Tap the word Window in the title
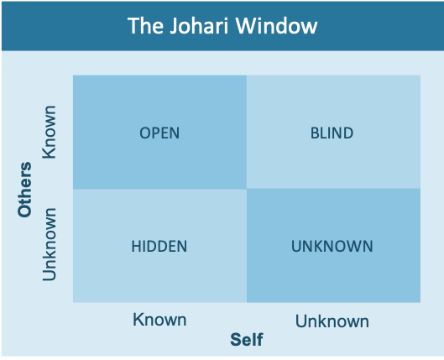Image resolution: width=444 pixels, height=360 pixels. [x=276, y=26]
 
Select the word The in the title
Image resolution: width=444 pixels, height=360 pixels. [x=145, y=26]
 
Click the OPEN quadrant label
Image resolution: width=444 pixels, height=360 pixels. [x=159, y=133]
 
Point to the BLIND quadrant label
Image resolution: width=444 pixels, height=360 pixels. [x=332, y=133]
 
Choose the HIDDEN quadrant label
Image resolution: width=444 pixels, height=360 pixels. [x=159, y=246]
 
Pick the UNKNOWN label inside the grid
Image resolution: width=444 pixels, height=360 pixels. [x=332, y=246]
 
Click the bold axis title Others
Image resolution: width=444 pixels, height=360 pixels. [x=24, y=190]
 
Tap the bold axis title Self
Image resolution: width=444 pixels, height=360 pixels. [x=247, y=339]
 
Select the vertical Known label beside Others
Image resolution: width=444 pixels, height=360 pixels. [x=50, y=132]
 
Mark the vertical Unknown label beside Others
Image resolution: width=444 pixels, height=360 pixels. [x=50, y=244]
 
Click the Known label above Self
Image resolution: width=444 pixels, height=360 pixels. [x=159, y=320]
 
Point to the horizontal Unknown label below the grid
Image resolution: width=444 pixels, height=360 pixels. [x=332, y=321]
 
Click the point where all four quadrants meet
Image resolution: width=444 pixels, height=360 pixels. [x=247, y=189]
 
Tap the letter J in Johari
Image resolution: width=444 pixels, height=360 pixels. [x=174, y=26]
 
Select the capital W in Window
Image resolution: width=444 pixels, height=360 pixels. [x=246, y=26]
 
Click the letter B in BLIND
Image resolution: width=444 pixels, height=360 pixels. [x=315, y=133]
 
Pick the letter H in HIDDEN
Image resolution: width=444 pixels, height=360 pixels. [x=136, y=246]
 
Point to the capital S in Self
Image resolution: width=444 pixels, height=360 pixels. [x=235, y=339]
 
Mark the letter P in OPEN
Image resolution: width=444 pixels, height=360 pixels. [x=156, y=133]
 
